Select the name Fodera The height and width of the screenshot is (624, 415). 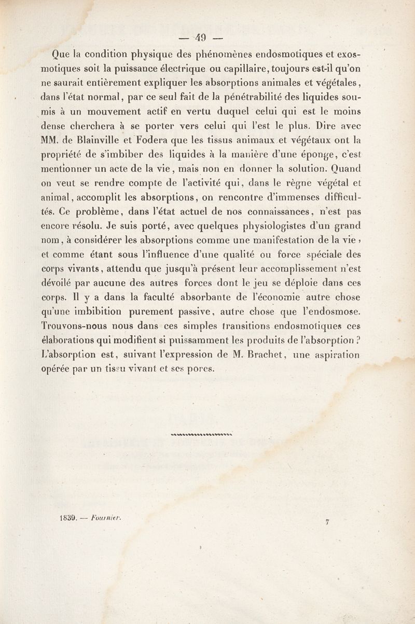click(x=154, y=140)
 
